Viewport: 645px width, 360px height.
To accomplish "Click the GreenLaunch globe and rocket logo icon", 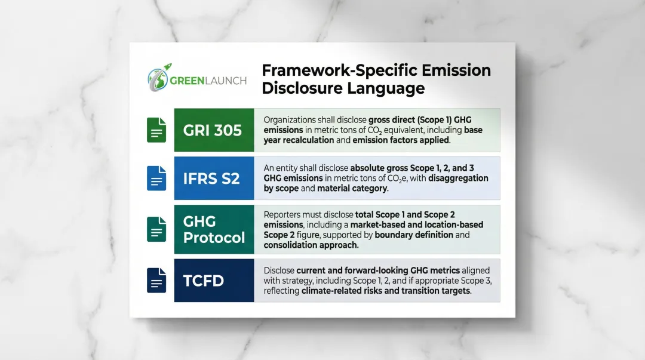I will (158, 79).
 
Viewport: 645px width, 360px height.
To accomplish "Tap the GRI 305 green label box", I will (214, 130).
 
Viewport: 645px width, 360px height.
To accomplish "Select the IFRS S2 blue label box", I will (214, 178).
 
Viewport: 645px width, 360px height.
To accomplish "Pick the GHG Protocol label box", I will (214, 229).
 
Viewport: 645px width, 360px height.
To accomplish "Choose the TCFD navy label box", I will (214, 280).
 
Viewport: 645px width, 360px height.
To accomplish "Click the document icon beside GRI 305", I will (156, 130).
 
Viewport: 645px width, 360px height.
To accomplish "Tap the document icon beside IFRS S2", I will (156, 178).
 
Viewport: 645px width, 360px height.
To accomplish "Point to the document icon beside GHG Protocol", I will (156, 229).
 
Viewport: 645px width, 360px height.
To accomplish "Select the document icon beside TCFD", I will (156, 280).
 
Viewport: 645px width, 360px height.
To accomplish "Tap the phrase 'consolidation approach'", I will (311, 245).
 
